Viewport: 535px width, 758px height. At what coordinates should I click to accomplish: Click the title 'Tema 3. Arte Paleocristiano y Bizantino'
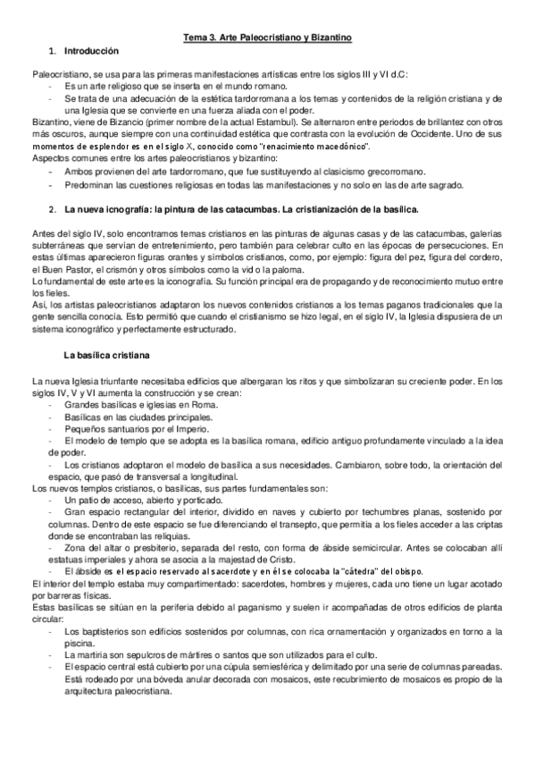[267, 37]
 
